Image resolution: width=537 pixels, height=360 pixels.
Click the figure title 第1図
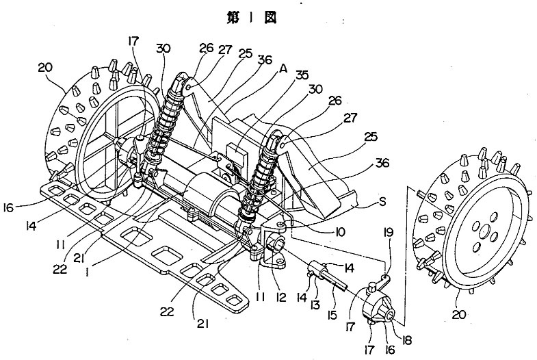251,18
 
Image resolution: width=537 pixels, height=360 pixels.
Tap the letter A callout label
283,69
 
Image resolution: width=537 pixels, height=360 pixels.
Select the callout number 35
302,75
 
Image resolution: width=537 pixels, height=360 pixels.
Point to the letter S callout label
382,202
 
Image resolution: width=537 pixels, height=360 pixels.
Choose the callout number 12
281,298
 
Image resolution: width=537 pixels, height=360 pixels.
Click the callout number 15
332,315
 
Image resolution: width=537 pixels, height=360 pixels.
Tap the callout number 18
406,340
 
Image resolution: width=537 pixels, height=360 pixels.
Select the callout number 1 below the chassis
88,272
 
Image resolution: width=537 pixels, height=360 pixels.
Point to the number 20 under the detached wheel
458,314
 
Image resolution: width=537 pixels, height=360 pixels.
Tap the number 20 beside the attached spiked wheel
45,67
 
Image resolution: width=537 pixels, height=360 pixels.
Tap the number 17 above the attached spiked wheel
133,42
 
